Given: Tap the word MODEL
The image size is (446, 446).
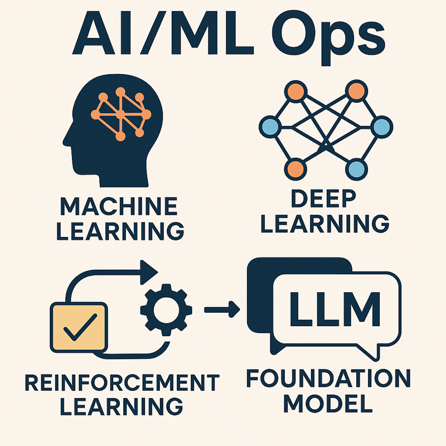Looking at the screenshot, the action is (328, 403).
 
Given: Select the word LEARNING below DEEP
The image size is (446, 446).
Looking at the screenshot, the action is (326, 223).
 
